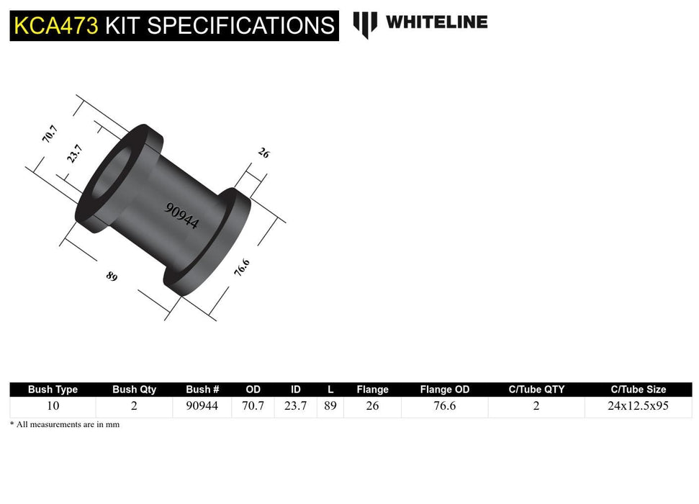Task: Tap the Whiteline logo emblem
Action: (x=365, y=24)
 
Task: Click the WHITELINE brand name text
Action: (x=436, y=22)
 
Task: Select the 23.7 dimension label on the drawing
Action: (x=75, y=153)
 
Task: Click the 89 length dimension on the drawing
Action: (x=112, y=276)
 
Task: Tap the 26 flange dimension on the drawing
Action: (x=263, y=153)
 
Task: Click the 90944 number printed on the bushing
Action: (x=182, y=215)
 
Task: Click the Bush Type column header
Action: (x=53, y=390)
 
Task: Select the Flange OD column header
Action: (x=444, y=390)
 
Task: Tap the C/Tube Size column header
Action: (x=637, y=390)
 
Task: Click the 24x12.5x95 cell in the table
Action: (x=637, y=406)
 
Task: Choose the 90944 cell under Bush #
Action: (x=202, y=406)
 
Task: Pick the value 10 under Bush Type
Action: (x=53, y=406)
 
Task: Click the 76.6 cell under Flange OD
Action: (x=444, y=406)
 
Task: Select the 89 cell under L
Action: (x=330, y=406)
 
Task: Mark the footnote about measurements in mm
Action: (x=65, y=425)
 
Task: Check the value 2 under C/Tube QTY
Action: (x=536, y=406)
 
